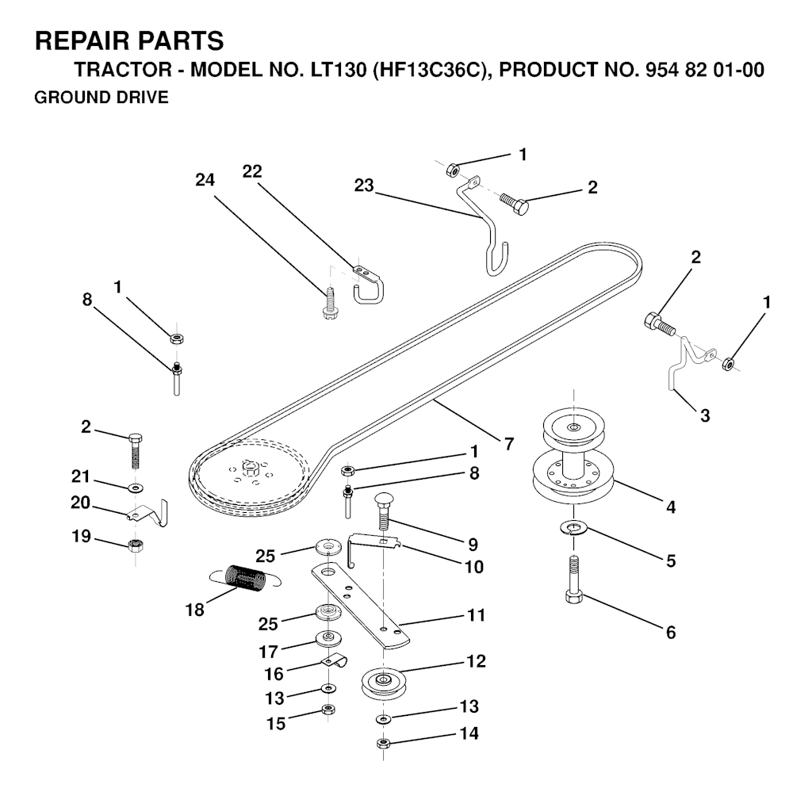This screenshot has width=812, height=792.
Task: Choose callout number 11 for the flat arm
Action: [x=477, y=615]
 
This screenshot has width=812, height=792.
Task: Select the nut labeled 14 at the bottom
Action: [x=383, y=743]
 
